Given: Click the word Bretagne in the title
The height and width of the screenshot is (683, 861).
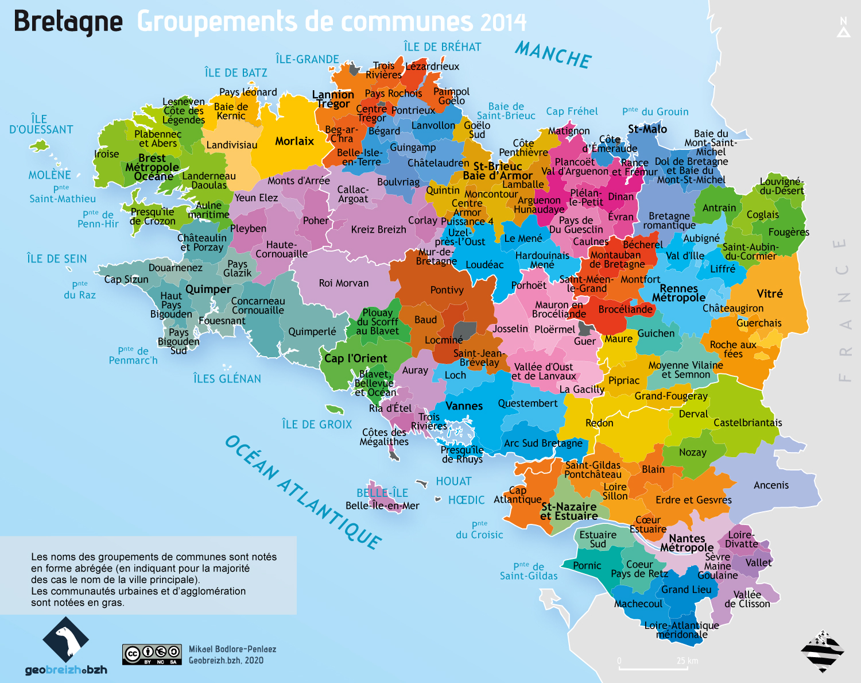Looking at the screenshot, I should coord(68,22).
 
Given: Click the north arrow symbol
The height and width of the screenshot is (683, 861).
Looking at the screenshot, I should coord(843,28).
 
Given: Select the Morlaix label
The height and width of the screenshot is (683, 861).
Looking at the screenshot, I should coord(294,141).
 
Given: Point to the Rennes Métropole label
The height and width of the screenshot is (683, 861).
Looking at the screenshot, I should coord(678,293).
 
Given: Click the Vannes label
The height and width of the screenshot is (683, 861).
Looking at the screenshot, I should coord(464,406).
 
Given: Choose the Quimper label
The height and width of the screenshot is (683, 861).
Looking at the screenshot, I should coord(208,289).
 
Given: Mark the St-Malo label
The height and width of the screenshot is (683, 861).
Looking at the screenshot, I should coord(647,129).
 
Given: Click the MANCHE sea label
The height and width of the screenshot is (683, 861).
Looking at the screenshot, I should coord(553,55).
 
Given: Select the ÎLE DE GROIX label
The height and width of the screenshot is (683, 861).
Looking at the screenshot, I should coord(317,425).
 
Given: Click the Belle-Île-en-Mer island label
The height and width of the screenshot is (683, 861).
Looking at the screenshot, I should coord(382,506).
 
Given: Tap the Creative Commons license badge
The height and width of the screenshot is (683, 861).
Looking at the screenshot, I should coord(152,654).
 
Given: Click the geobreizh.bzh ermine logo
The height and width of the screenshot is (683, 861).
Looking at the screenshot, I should coord(65,639).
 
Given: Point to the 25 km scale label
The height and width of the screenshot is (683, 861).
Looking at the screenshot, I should coord(687,661).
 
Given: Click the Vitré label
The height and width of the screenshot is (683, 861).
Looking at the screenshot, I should coord(769,294).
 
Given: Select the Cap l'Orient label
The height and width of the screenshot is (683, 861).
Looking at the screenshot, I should coord(355,358).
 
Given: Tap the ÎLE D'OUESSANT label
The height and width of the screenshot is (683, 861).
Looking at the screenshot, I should coord(41,124).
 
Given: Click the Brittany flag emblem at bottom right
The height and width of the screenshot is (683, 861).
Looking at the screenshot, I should coord(822,651).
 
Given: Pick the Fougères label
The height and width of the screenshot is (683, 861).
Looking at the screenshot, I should coord(788,232).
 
